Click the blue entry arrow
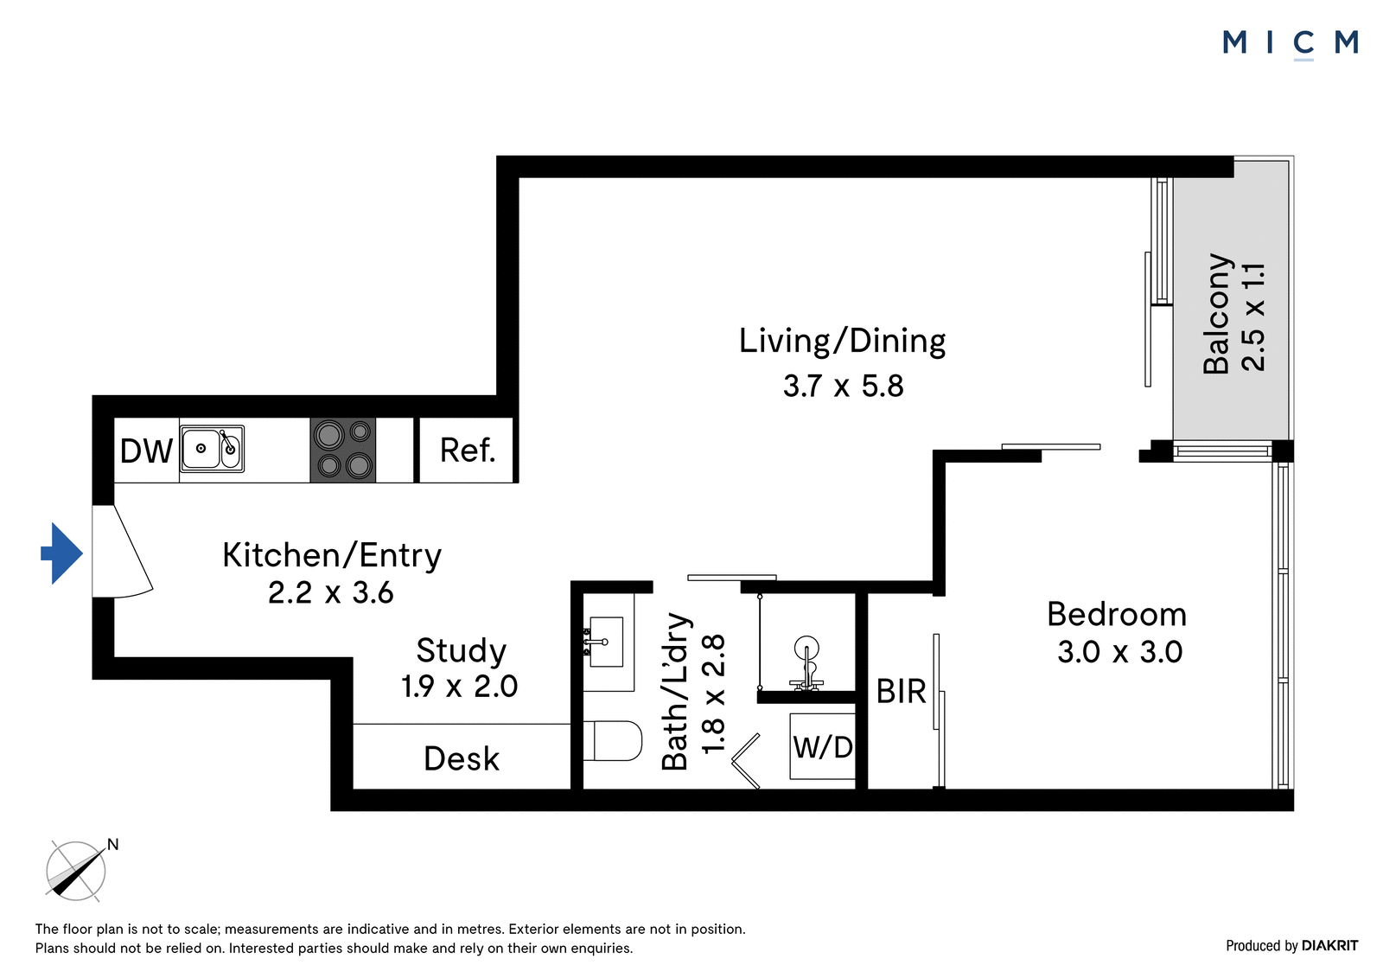pyautogui.click(x=61, y=553)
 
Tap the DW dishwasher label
pyautogui.click(x=146, y=451)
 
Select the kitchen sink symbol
pyautogui.click(x=212, y=449)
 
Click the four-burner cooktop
pyautogui.click(x=342, y=450)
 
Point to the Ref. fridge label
pyautogui.click(x=468, y=451)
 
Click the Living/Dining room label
pyautogui.click(x=842, y=342)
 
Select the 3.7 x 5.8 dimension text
pyautogui.click(x=844, y=387)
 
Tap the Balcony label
pyautogui.click(x=1217, y=314)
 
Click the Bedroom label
pyautogui.click(x=1117, y=615)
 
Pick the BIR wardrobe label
pyautogui.click(x=902, y=692)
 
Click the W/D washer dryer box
pyautogui.click(x=823, y=746)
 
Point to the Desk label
pyautogui.click(x=462, y=758)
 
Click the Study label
pyautogui.click(x=462, y=650)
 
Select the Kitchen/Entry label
pyautogui.click(x=332, y=555)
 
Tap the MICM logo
pyautogui.click(x=1290, y=43)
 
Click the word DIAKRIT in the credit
pyautogui.click(x=1330, y=946)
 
